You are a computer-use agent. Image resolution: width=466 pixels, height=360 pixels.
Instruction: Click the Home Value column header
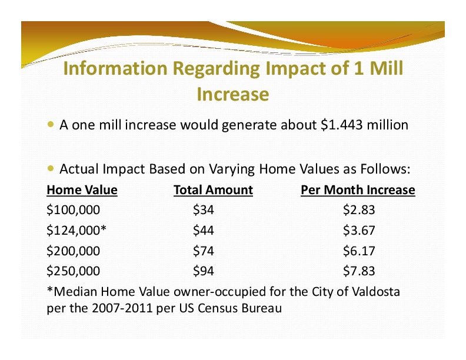click(x=82, y=190)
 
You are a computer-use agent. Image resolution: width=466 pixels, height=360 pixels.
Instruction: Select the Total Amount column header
click(x=214, y=190)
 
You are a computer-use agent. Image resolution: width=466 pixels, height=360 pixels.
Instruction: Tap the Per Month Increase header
click(x=358, y=190)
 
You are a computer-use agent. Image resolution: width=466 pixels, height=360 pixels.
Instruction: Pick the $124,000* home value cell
click(x=76, y=231)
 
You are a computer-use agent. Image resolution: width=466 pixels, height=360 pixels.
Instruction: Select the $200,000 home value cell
click(x=74, y=251)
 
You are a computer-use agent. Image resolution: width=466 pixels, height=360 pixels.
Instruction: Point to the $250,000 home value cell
click(x=74, y=271)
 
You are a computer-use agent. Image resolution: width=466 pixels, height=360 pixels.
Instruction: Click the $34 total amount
click(x=203, y=210)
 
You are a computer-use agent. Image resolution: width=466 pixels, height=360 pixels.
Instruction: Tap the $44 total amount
click(x=203, y=231)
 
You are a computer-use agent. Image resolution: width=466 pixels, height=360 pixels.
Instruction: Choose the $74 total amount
click(x=203, y=251)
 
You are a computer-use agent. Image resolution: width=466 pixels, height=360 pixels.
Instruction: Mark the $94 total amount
click(x=203, y=271)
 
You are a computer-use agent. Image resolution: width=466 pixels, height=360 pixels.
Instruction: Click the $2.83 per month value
click(x=359, y=210)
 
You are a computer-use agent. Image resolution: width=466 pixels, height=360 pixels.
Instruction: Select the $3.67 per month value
click(x=359, y=231)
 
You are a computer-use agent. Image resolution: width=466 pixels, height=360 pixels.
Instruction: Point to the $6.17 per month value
click(x=359, y=251)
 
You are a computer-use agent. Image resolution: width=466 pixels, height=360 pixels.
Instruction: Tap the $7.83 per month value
click(x=359, y=271)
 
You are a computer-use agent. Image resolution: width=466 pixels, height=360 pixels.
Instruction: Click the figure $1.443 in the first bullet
click(x=342, y=125)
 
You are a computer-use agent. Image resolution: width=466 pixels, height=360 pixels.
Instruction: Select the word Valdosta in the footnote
click(x=376, y=292)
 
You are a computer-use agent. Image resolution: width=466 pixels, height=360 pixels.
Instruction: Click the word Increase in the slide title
click(x=233, y=94)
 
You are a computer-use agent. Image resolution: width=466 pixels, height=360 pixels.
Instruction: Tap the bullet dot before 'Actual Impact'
click(x=51, y=169)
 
